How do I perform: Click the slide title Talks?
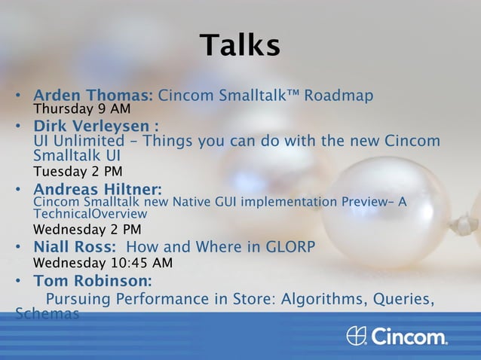coord(240,45)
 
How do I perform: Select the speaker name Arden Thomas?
coord(92,96)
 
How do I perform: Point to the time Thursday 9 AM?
coord(82,109)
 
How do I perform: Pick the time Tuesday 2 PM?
coord(78,171)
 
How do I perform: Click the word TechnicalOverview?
coord(90,214)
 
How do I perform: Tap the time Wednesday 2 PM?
coord(87,229)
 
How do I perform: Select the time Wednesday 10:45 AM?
coord(103,263)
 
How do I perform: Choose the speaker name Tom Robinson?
coord(92,281)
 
